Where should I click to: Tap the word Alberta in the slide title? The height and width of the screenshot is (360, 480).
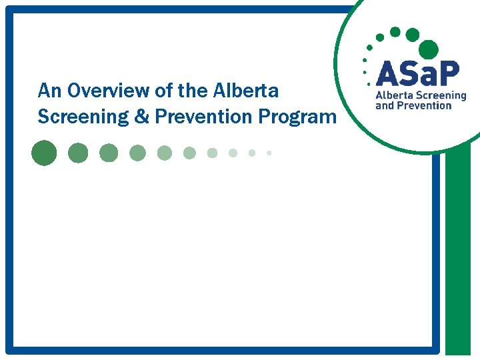(x=247, y=90)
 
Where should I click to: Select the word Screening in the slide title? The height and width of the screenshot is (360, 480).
(x=82, y=117)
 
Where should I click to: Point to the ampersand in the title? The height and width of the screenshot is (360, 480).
(x=141, y=117)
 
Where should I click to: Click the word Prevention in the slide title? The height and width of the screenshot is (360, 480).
(x=204, y=117)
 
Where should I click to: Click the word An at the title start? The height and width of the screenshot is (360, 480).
(x=49, y=90)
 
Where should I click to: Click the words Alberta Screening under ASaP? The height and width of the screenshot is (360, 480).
(x=421, y=96)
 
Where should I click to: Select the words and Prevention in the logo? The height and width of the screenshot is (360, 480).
(x=414, y=105)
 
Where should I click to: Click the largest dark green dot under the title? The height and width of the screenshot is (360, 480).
(x=44, y=153)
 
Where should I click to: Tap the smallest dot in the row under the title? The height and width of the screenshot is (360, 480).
(x=269, y=153)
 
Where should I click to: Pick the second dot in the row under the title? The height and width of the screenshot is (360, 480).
(x=78, y=153)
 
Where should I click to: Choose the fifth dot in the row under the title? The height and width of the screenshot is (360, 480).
(x=164, y=153)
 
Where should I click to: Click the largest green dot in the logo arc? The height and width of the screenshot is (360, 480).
(x=429, y=49)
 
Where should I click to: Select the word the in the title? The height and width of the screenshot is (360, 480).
(x=193, y=90)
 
